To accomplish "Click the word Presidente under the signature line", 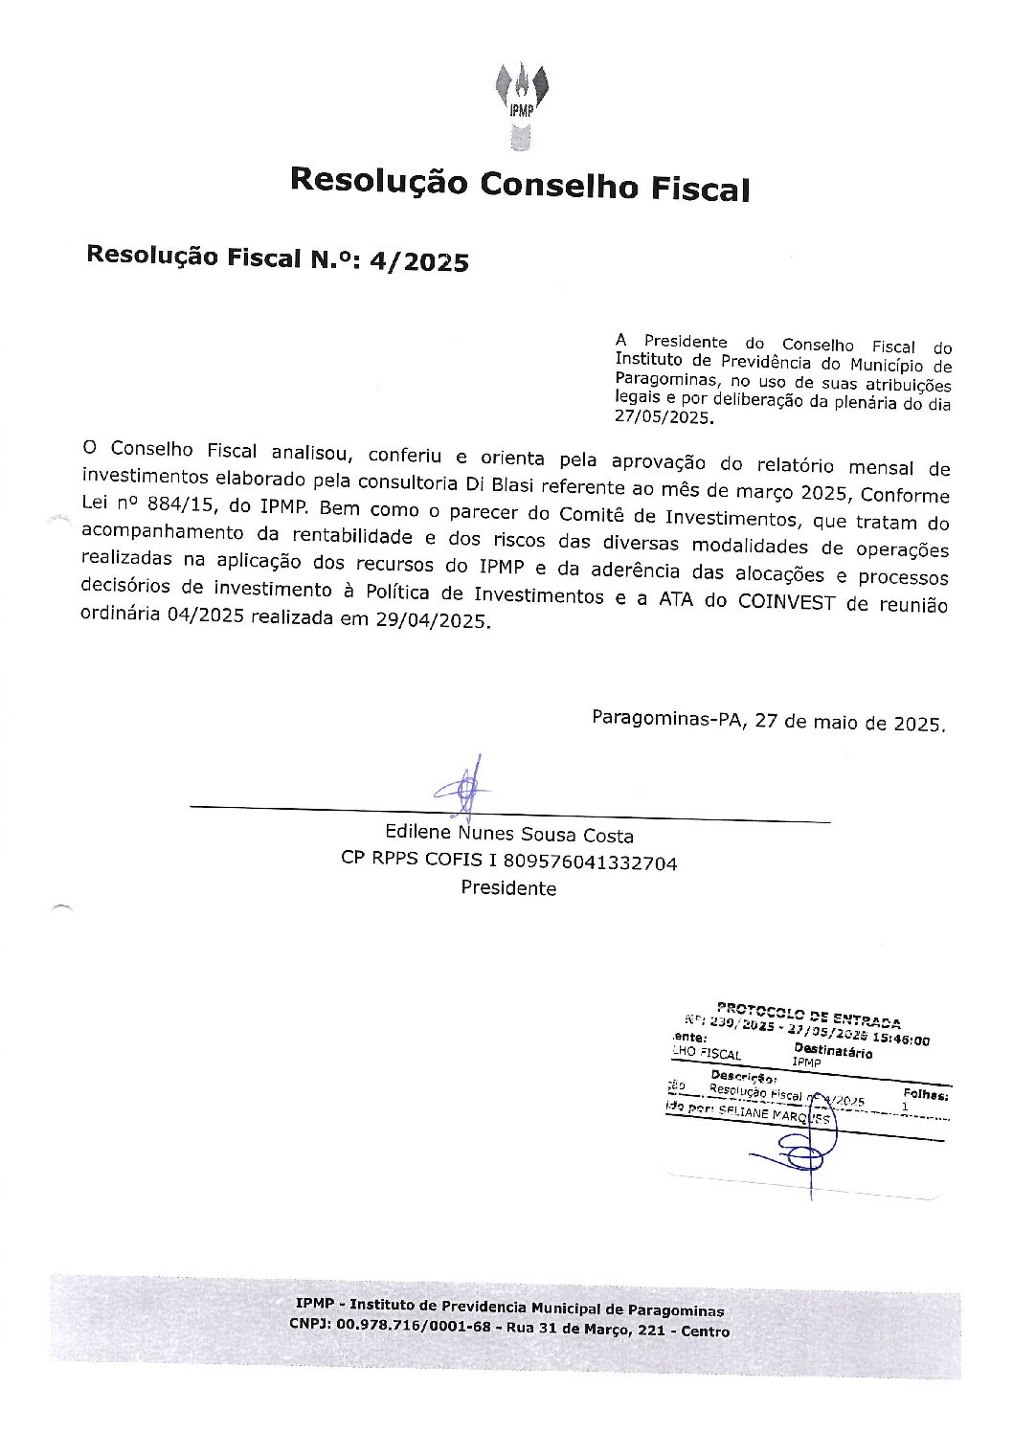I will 508,888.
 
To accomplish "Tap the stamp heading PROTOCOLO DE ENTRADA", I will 809,1016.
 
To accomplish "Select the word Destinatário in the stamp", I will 833,1052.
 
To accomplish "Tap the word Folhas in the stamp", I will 925,1093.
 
